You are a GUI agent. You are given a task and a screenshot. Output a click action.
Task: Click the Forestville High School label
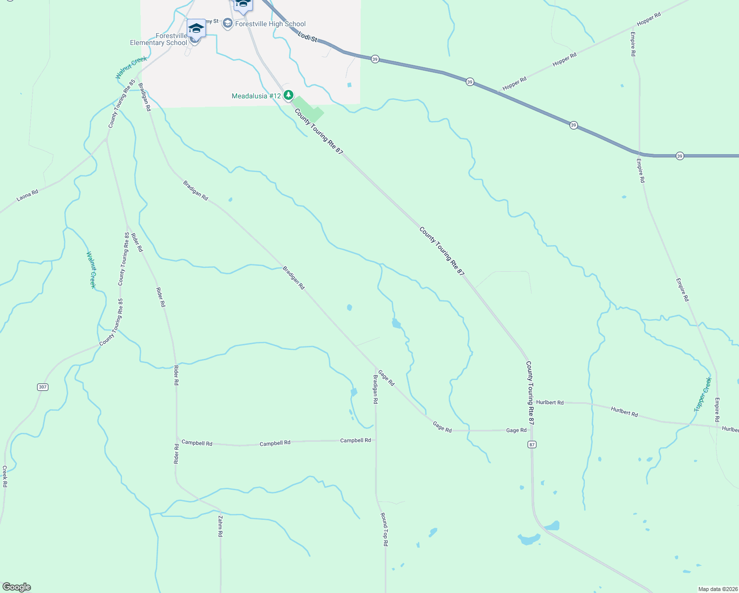270,24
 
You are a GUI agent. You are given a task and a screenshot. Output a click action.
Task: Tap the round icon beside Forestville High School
227,24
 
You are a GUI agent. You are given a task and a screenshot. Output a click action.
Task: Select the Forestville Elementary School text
159,40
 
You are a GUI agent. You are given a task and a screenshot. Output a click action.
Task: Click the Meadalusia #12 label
256,96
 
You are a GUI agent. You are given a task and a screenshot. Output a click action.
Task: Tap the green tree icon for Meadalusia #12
288,95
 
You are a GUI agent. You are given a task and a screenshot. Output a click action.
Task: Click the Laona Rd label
27,196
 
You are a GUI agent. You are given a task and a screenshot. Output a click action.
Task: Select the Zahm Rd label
220,526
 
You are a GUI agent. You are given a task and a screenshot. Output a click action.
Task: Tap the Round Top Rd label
384,529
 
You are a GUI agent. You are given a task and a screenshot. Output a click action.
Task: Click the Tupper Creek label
703,394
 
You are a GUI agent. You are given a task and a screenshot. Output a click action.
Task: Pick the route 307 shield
43,387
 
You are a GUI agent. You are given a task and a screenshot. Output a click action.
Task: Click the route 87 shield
532,445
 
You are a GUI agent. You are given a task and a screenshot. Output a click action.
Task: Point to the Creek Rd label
4,476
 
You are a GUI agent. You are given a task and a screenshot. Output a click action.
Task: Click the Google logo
16,587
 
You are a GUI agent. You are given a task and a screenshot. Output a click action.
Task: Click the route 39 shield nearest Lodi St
375,59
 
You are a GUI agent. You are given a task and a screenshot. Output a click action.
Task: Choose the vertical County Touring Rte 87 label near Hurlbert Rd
530,393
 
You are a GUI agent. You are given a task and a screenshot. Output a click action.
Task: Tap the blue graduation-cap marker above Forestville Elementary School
196,28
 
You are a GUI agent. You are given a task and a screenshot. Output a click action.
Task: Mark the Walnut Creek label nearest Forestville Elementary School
131,68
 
